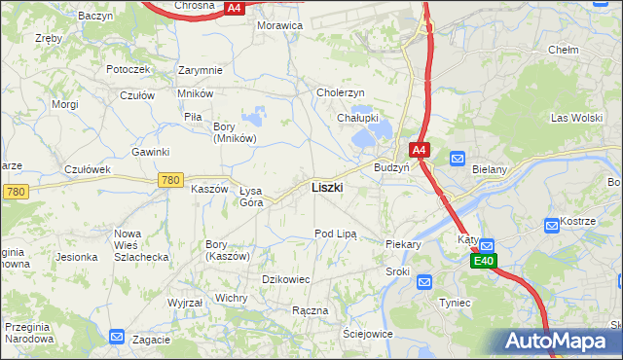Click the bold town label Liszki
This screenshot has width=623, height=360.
326,187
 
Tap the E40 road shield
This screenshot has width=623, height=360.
484,262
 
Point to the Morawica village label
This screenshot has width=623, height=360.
279,25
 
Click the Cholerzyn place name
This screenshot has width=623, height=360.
340,92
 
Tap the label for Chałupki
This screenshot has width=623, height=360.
356,118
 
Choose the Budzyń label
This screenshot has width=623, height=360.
391,166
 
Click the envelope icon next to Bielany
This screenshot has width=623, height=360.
458,158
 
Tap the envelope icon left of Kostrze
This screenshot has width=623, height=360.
552,225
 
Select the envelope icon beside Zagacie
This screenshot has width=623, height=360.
117,337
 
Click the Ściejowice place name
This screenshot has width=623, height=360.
367,333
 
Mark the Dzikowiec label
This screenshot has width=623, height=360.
286,279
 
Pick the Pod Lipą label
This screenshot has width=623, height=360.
335,234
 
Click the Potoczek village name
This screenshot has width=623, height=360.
128,69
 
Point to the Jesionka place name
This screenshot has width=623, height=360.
77,257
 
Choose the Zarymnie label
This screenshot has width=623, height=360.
201,70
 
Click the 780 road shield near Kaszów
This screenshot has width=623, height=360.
171,180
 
